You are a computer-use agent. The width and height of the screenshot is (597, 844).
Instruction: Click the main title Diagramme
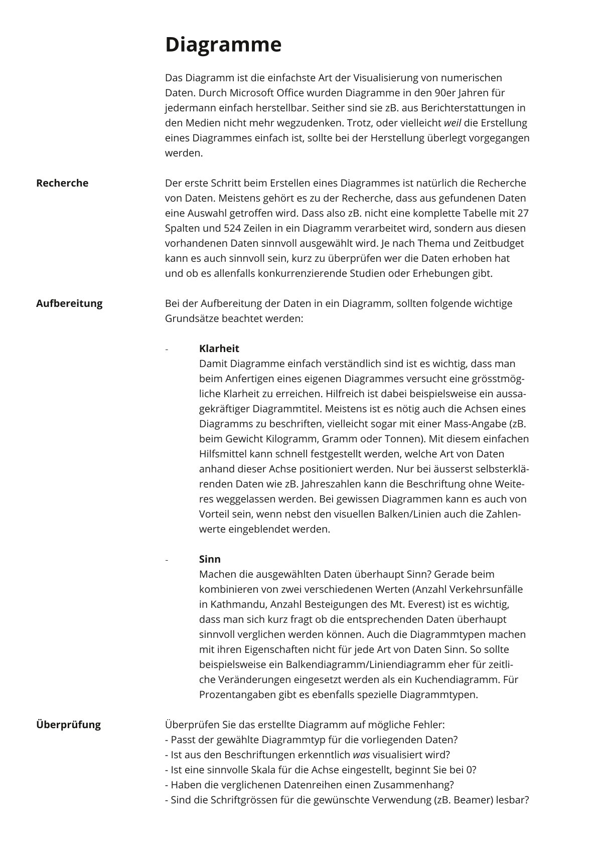223,45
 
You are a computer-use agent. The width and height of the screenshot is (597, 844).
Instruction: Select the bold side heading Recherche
62,183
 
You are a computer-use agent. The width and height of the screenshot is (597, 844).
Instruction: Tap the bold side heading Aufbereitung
69,303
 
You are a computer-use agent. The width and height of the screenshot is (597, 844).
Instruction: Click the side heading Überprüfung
68,725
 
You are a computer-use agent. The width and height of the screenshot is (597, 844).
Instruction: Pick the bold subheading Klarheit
219,349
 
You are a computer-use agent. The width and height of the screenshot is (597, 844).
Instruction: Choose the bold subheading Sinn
210,559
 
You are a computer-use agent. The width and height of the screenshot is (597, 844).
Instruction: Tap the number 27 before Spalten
522,213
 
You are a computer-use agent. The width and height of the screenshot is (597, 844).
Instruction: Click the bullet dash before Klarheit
167,349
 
